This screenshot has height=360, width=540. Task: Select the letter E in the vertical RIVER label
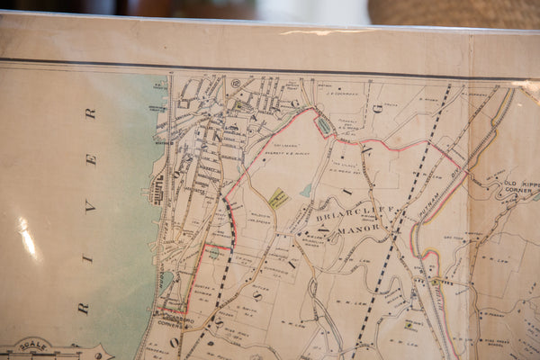88,158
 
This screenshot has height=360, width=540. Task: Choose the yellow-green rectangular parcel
278,198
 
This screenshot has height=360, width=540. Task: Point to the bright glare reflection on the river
28,238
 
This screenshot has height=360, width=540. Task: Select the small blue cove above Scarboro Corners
166,282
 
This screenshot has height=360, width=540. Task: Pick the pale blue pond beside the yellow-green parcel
306,190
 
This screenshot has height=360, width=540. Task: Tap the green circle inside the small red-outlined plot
213,254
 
